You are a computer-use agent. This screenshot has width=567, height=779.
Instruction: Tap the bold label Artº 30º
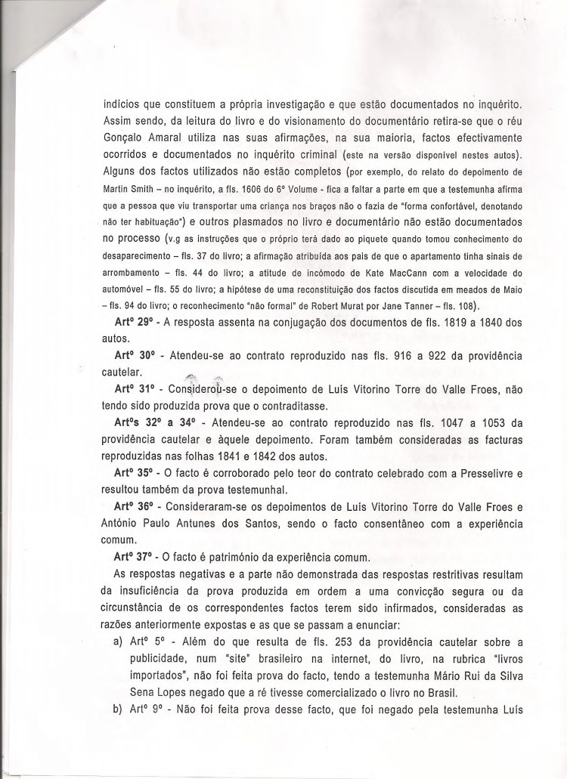[134, 356]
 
